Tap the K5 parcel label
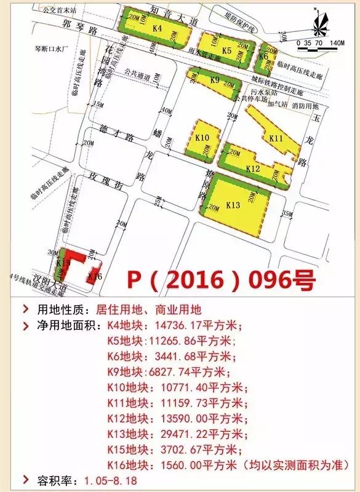tap(227, 50)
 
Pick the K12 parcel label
tap(253, 168)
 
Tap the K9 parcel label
tap(215, 80)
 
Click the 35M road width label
tap(287, 214)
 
